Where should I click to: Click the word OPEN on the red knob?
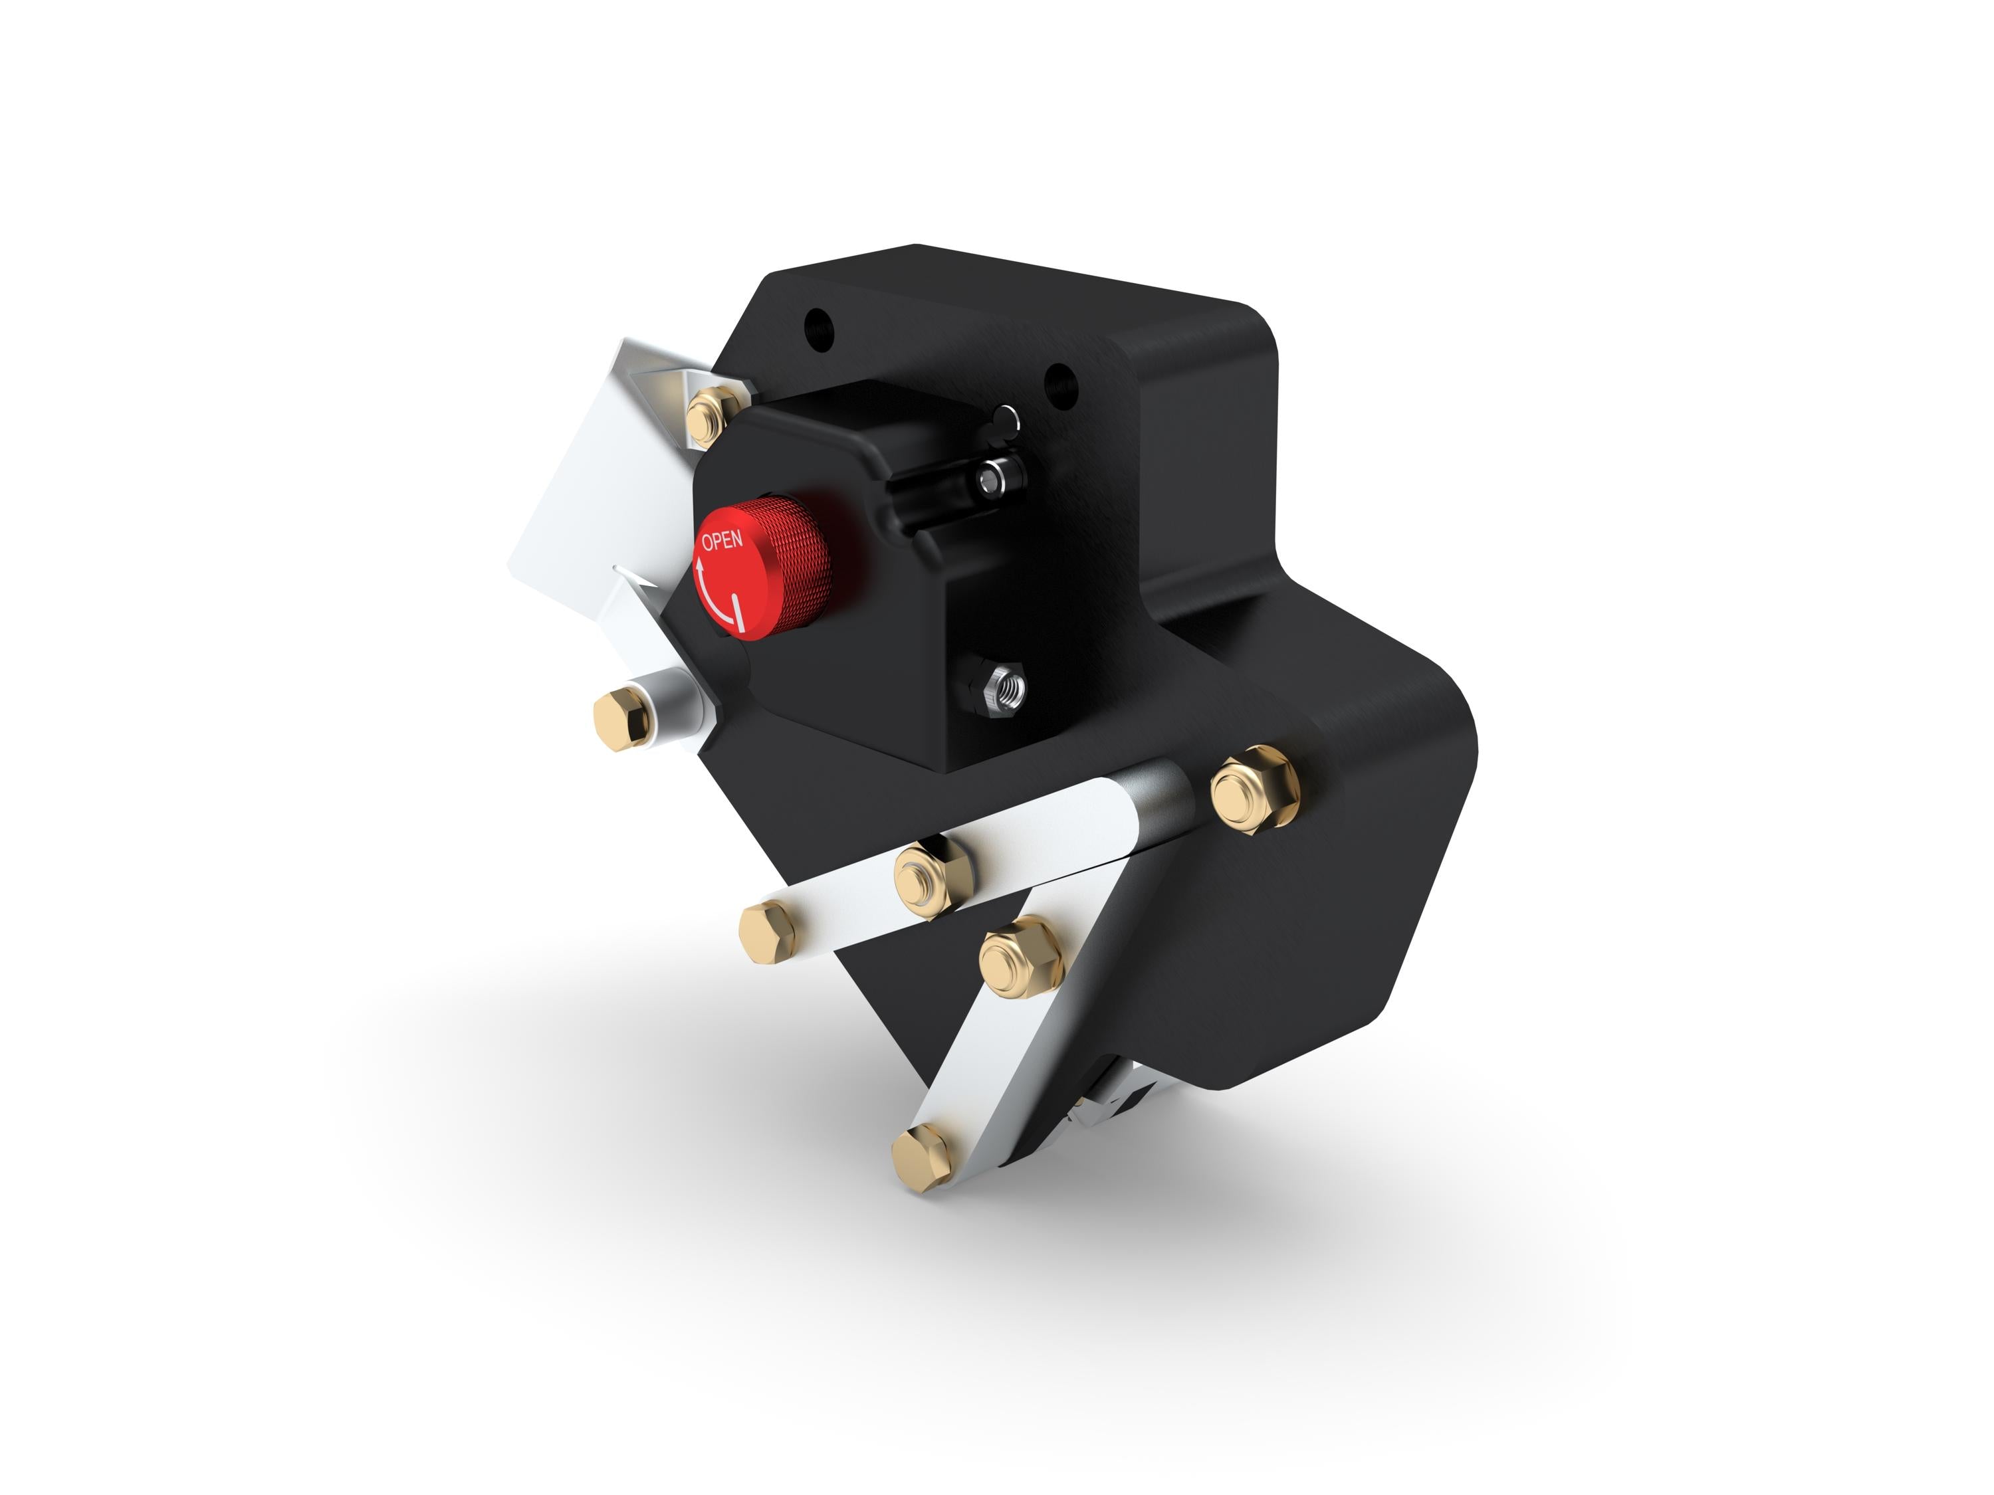click(x=722, y=541)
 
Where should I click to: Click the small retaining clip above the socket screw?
click(x=1006, y=420)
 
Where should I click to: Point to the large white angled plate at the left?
click(x=595, y=504)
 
